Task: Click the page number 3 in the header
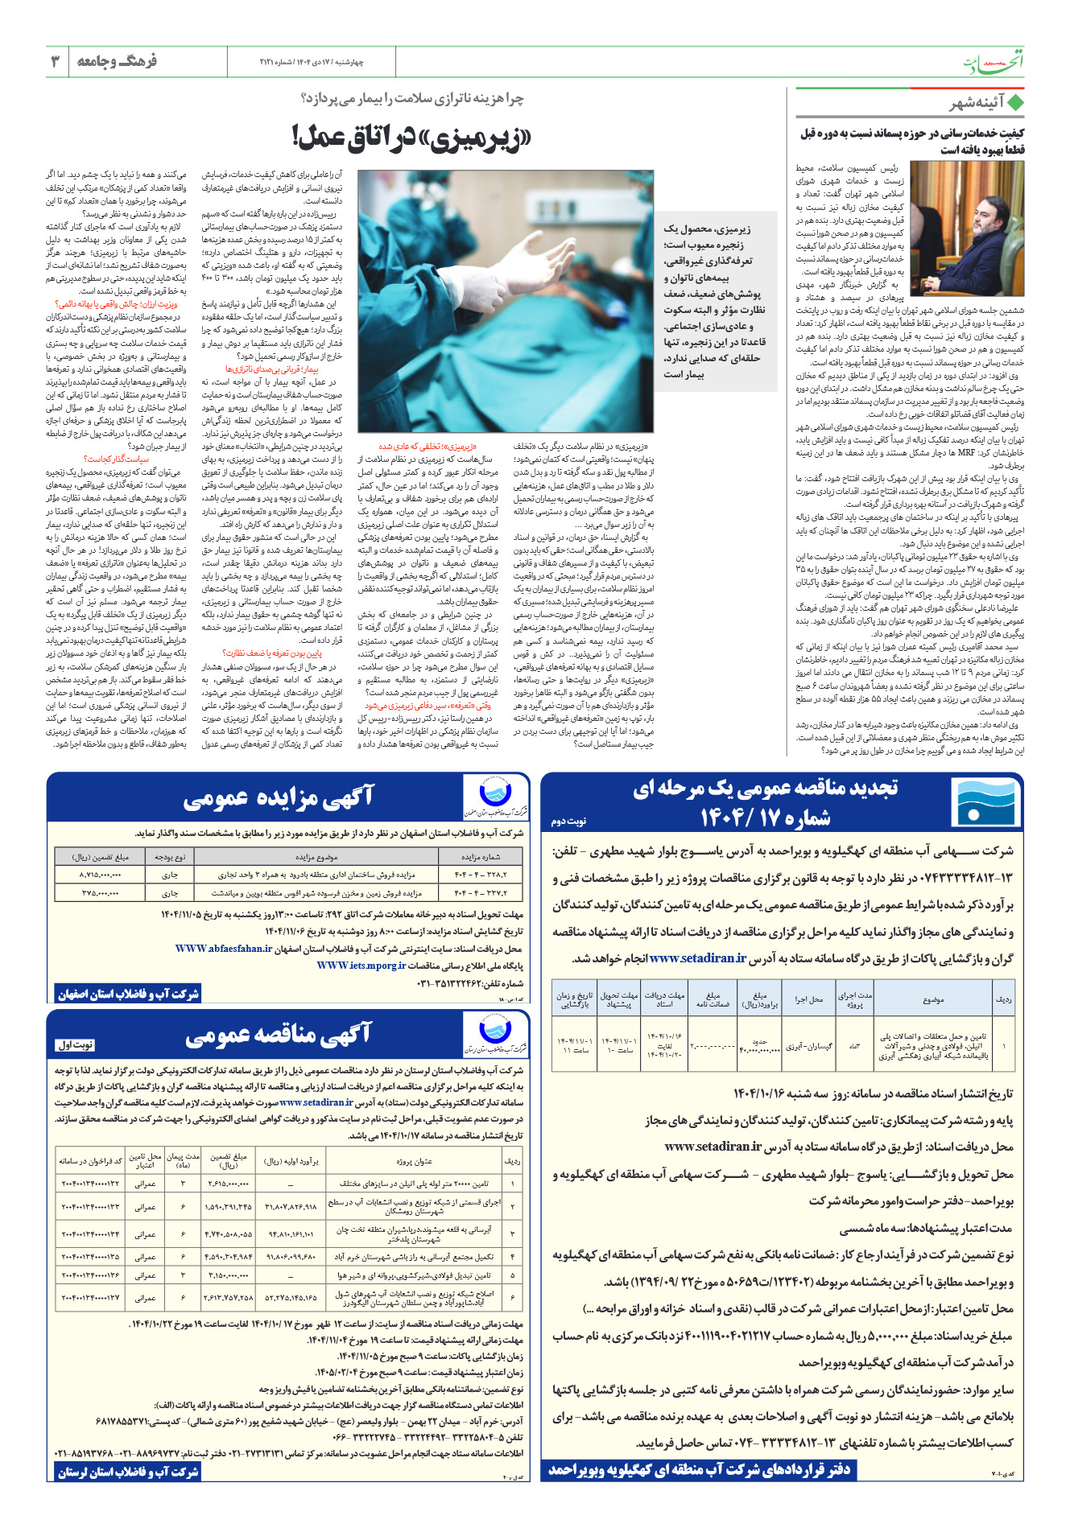pyautogui.click(x=56, y=61)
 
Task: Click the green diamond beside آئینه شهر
pyautogui.click(x=1015, y=103)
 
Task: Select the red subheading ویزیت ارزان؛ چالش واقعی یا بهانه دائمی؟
pyautogui.click(x=116, y=304)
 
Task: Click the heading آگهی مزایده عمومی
pyautogui.click(x=278, y=797)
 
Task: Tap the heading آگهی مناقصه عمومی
pyautogui.click(x=278, y=1035)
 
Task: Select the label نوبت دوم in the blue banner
pyautogui.click(x=568, y=821)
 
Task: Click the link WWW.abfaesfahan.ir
pyautogui.click(x=224, y=949)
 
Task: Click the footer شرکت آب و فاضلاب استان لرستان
pyautogui.click(x=128, y=1472)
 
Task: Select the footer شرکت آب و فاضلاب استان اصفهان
pyautogui.click(x=128, y=994)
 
